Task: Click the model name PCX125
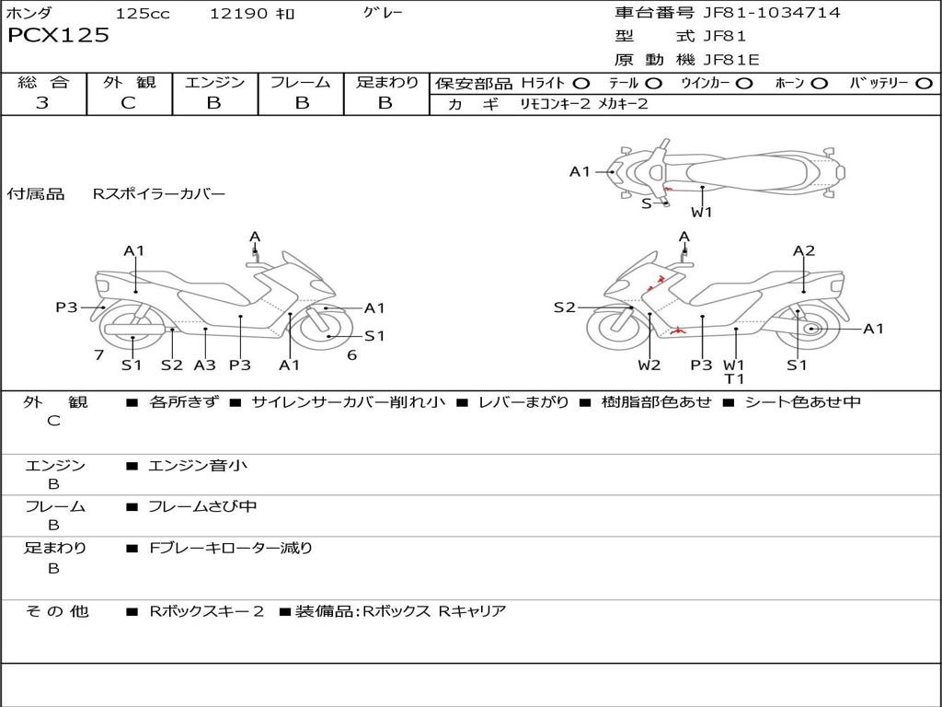(58, 36)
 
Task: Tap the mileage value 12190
(238, 14)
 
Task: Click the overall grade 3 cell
(42, 103)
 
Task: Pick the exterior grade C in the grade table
(129, 103)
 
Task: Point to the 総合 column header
(43, 82)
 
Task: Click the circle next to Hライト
(581, 83)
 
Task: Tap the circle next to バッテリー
(924, 83)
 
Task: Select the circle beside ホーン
(820, 83)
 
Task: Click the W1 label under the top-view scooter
(702, 213)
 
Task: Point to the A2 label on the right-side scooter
(804, 250)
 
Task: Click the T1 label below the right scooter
(734, 378)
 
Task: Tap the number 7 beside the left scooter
(98, 355)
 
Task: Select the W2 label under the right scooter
(649, 365)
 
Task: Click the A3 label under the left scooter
(204, 365)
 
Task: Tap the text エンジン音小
(198, 466)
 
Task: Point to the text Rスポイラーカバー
(158, 194)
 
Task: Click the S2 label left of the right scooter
(564, 307)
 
